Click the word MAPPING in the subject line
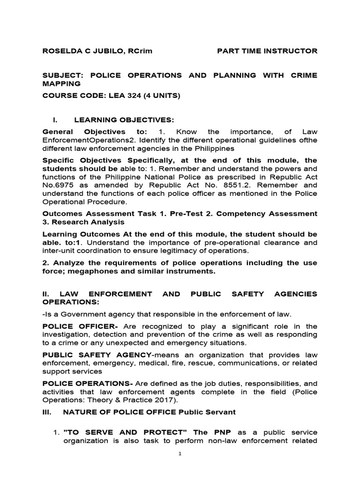click(61, 83)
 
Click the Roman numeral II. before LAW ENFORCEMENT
click(46, 293)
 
